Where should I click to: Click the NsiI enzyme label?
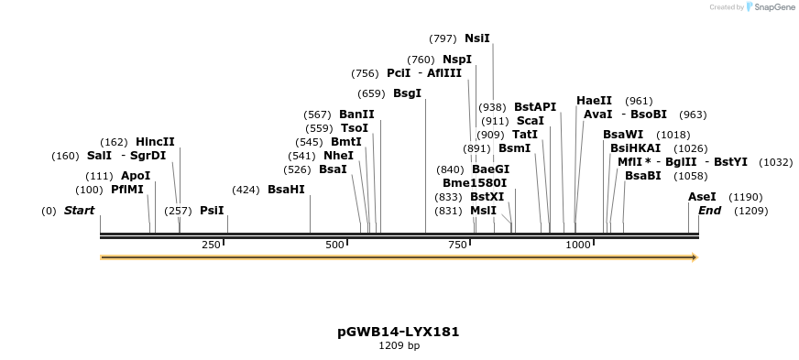tap(477, 38)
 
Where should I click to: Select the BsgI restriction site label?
tap(407, 93)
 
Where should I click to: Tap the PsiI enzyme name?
tap(212, 211)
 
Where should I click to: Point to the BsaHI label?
tap(286, 190)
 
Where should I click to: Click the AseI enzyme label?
tap(702, 197)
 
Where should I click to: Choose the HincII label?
tap(155, 142)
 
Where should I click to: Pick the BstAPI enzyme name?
tap(535, 107)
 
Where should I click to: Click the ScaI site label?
tap(531, 121)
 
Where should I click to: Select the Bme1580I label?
tap(475, 183)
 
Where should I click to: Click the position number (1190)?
tap(746, 197)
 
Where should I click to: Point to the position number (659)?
tap(371, 93)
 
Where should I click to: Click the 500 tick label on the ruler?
tap(334, 245)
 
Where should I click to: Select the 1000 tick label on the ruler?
tap(578, 245)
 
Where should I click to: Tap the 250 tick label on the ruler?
tap(211, 245)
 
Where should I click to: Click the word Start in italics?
tap(79, 211)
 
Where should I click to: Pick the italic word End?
tap(709, 211)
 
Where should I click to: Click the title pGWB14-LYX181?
tap(399, 332)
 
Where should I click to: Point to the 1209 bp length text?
tap(399, 345)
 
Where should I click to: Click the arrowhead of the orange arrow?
tap(695, 257)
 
